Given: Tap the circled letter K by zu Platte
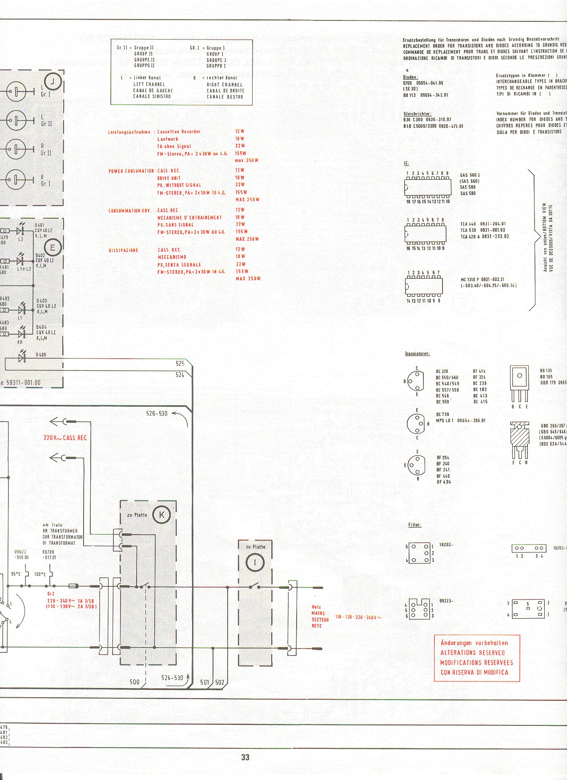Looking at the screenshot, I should [161, 515].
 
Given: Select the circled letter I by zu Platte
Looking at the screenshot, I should [255, 563].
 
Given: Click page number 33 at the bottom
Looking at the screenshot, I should [245, 757].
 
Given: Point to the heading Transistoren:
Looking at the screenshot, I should [417, 354].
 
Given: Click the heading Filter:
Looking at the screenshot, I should [414, 525].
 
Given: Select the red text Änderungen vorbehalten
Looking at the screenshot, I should [474, 643].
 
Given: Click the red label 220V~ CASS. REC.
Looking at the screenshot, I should [66, 438].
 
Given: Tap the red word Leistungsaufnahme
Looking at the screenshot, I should [129, 132].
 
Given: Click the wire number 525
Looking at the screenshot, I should [180, 364].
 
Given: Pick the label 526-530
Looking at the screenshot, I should [157, 413].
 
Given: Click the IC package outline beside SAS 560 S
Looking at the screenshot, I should [427, 187].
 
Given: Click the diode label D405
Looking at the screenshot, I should [41, 355].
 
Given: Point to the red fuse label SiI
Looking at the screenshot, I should [51, 593].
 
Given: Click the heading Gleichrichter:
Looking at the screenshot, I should [417, 114].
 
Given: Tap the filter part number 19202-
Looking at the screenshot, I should [446, 544].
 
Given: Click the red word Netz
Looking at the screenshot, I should [316, 607].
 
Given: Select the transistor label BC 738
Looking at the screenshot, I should [442, 414].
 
